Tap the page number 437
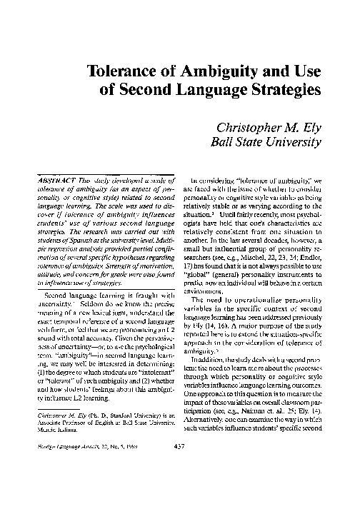[x=179, y=467]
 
